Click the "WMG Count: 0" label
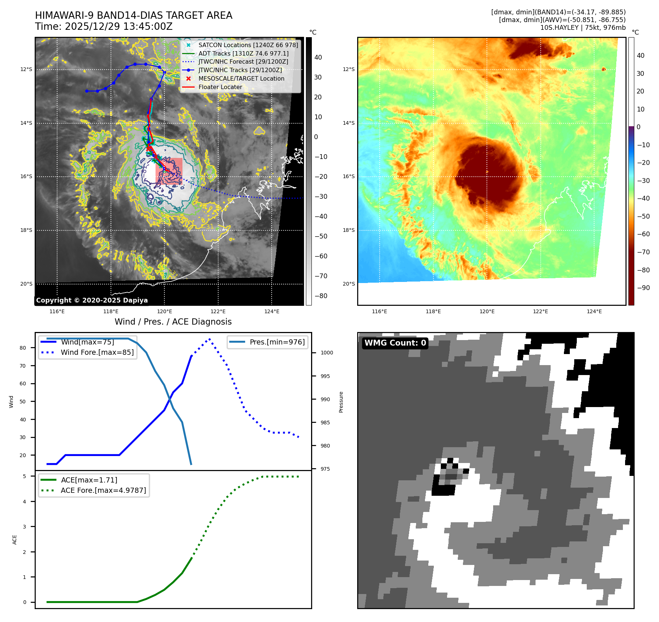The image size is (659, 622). (395, 343)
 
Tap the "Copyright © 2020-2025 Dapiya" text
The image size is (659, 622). (92, 300)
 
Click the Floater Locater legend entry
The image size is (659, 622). (220, 87)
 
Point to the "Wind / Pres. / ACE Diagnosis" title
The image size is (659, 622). (173, 322)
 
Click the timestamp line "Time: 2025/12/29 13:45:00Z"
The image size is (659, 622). (104, 26)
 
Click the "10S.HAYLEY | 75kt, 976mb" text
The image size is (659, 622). (583, 28)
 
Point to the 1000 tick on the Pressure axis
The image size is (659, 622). (327, 353)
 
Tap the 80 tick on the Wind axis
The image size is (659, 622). (23, 348)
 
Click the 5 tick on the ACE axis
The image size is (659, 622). (25, 476)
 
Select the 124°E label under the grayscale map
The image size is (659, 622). (272, 311)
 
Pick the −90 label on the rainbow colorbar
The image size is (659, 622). (644, 288)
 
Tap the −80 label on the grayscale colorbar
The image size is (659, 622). (321, 296)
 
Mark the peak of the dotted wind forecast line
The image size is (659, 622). (210, 339)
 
